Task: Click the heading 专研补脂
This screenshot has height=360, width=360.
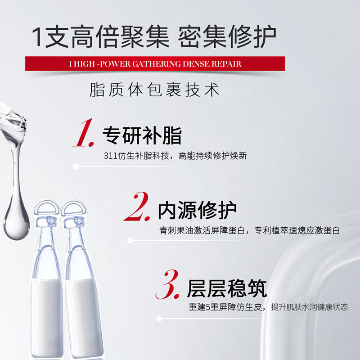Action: coord(142,135)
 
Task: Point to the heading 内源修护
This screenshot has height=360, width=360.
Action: coord(197,210)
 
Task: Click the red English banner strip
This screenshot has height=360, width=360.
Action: coord(155,63)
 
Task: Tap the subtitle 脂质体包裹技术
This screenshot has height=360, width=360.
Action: coord(155,90)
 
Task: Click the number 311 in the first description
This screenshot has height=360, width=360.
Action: coord(110,156)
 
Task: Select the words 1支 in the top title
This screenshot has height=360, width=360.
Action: coord(50,35)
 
